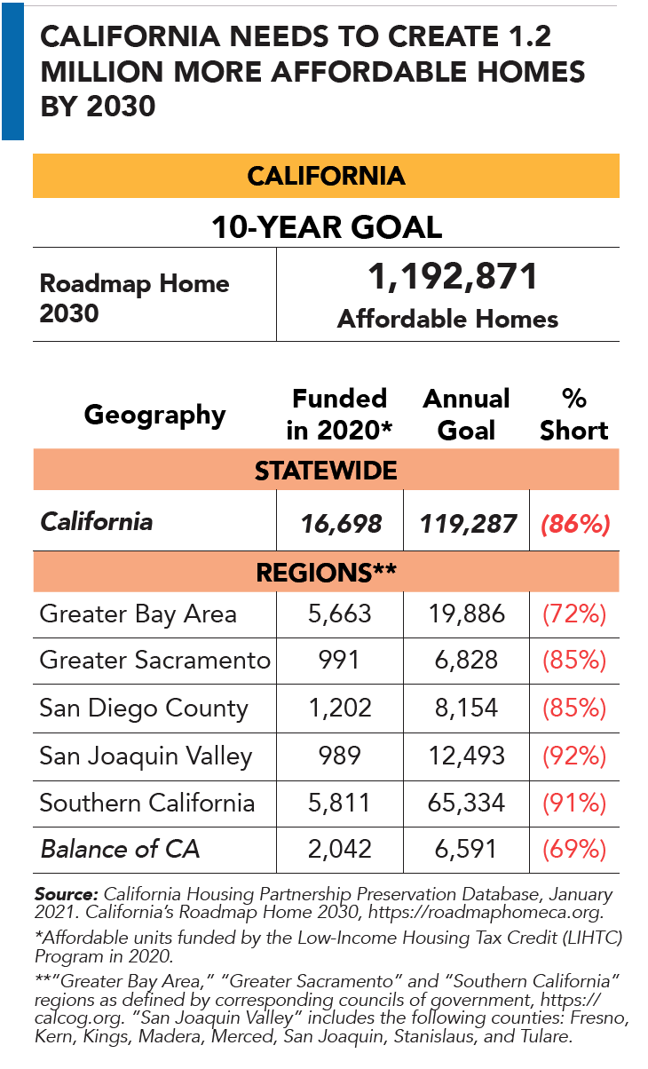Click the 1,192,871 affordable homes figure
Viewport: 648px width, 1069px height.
point(453,277)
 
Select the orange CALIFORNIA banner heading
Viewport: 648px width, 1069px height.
point(326,175)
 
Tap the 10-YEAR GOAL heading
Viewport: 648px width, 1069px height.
point(326,227)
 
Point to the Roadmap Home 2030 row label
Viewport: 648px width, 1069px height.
point(135,297)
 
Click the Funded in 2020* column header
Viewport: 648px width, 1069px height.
point(339,414)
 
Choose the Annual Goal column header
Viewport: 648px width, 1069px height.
point(467,414)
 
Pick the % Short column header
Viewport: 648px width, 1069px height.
point(573,414)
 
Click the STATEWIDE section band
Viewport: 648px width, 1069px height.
point(326,471)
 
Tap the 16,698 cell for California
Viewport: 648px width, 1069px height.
point(339,524)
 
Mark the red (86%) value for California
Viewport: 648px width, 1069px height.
point(575,524)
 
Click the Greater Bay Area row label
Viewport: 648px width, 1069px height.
point(138,614)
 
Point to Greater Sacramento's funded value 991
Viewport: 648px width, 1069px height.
point(339,661)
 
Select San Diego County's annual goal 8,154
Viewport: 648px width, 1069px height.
point(467,709)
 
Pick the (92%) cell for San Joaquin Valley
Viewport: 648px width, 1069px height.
point(575,756)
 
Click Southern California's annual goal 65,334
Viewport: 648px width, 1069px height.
point(467,804)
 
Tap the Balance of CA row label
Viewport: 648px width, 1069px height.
point(120,850)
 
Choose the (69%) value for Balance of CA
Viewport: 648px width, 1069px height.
point(575,850)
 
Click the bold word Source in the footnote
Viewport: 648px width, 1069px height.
point(66,892)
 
